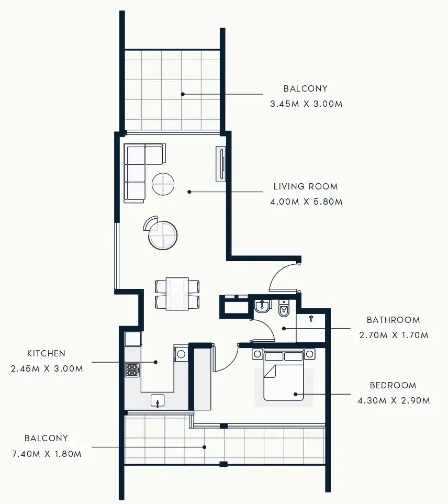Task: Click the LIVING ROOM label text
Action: click(306, 186)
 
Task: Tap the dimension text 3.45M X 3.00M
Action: click(306, 104)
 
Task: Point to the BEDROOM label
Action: click(393, 385)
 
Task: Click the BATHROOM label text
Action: click(393, 320)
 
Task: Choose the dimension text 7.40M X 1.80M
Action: click(47, 454)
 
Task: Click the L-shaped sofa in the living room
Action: click(137, 170)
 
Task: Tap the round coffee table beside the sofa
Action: click(163, 184)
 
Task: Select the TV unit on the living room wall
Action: click(221, 164)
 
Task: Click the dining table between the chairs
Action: click(177, 294)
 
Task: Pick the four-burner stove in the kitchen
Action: click(132, 371)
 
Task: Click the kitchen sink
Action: click(158, 401)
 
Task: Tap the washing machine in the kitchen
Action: click(181, 354)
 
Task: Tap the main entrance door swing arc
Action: click(281, 276)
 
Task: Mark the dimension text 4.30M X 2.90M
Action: click(393, 401)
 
